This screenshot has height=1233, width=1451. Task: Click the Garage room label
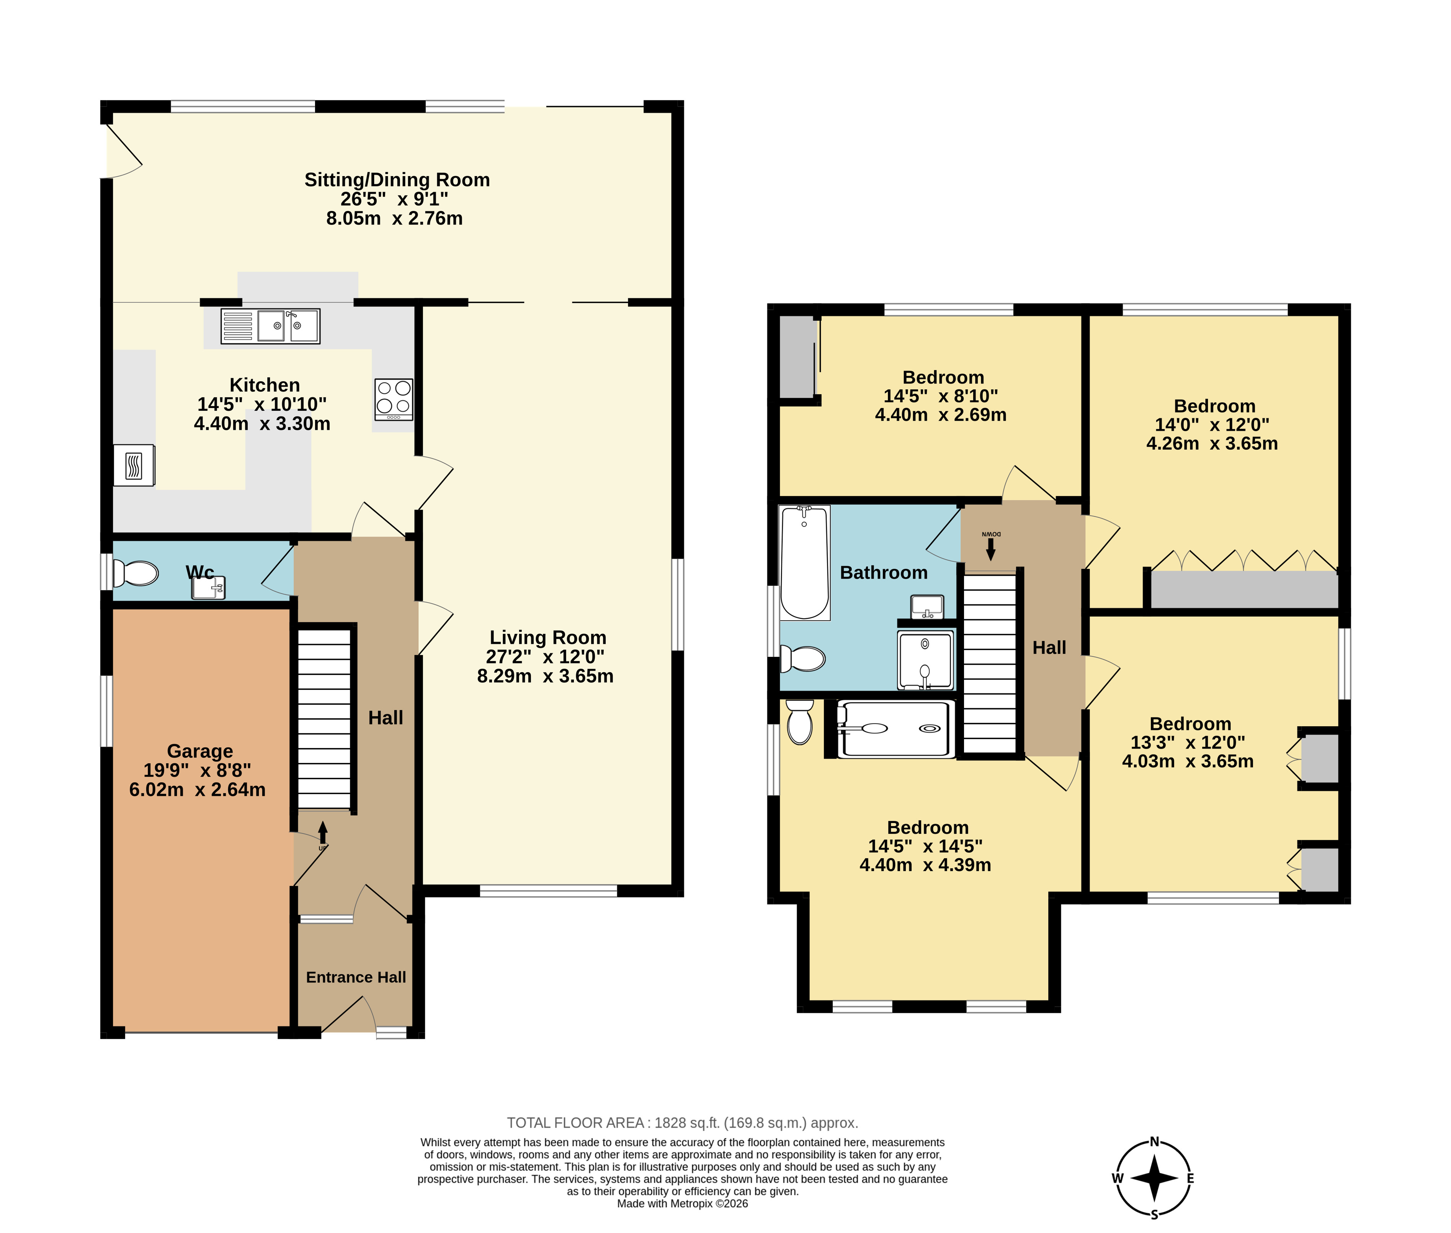[x=200, y=751]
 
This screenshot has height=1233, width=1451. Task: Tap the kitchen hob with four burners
[x=394, y=399]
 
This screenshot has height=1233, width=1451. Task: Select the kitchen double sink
[x=271, y=326]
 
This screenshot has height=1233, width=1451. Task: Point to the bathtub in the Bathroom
[x=804, y=563]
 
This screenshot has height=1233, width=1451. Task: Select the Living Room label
[x=548, y=637]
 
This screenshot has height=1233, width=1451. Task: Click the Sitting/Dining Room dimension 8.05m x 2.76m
[x=394, y=218]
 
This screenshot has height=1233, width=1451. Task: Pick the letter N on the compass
[x=1155, y=1142]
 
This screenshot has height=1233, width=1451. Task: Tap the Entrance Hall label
[x=356, y=977]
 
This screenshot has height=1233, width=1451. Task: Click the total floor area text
[x=682, y=1122]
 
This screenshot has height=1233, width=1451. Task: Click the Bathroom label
[x=884, y=572]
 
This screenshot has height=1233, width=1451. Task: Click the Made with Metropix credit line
[x=682, y=1204]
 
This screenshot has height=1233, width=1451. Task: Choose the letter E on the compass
[x=1190, y=1179]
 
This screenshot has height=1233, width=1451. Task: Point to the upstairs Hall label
[x=1049, y=648]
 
